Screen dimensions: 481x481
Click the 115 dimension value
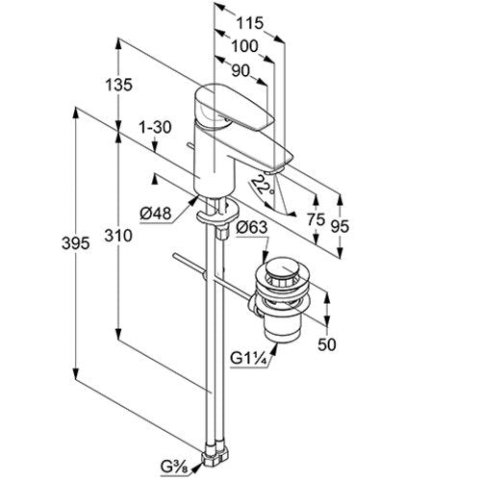click(250, 23)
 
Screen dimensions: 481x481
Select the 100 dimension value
click(244, 46)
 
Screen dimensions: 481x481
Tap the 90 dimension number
click(240, 71)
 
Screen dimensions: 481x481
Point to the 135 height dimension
click(118, 85)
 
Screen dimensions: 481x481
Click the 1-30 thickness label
click(155, 127)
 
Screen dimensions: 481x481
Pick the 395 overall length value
click(75, 243)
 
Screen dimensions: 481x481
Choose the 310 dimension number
click(118, 236)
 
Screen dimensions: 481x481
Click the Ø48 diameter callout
click(156, 214)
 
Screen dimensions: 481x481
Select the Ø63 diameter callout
click(252, 227)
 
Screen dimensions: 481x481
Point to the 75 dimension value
click(316, 220)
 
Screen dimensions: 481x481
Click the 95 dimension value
click(340, 226)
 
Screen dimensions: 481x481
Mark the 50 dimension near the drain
click(327, 344)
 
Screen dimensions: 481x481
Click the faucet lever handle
click(235, 109)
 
